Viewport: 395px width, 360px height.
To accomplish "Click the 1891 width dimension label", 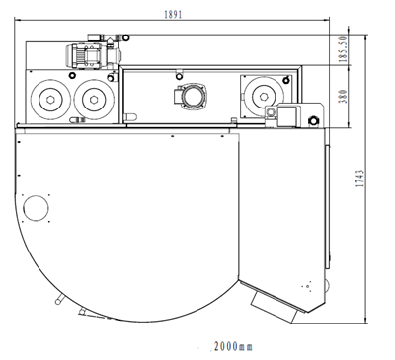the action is pyautogui.click(x=173, y=15).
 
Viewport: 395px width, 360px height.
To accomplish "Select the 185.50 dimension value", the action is pyautogui.click(x=343, y=49).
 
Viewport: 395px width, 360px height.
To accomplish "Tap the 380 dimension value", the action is pyautogui.click(x=343, y=96).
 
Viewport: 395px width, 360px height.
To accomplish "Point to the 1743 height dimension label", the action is pyautogui.click(x=360, y=179).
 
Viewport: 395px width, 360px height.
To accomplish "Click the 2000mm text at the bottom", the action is pyautogui.click(x=233, y=346).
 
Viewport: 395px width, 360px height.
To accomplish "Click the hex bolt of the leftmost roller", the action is pyautogui.click(x=50, y=99).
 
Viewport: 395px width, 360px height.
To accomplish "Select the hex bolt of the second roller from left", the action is pyautogui.click(x=94, y=99).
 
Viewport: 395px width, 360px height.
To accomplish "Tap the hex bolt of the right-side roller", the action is pyautogui.click(x=264, y=96).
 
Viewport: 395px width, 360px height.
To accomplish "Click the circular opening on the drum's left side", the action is pyautogui.click(x=37, y=208).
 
